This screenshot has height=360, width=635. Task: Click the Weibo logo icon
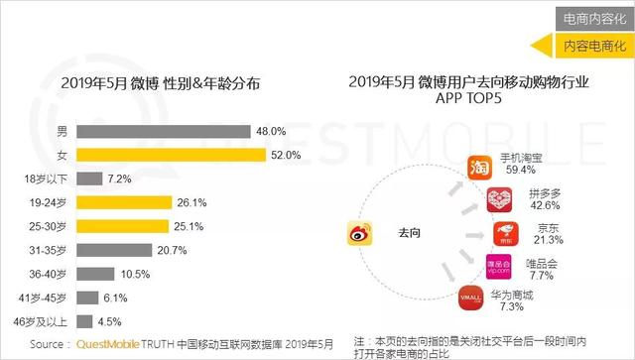point(357,235)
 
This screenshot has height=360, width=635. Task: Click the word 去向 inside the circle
point(410,231)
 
